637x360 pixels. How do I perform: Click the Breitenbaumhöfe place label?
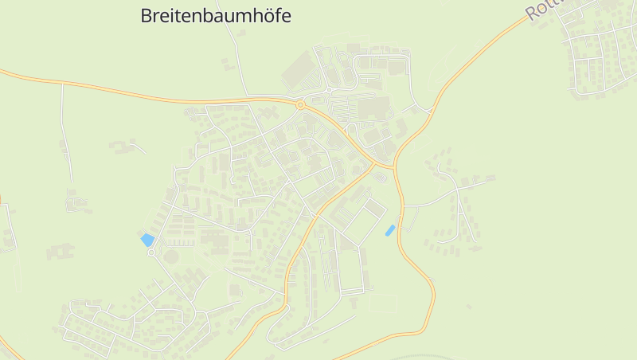[x=216, y=15]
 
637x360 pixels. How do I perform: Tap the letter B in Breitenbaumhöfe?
[x=146, y=15]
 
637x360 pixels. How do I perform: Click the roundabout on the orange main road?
[x=301, y=104]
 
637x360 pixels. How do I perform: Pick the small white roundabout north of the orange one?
[x=328, y=90]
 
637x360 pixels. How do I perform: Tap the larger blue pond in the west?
[x=147, y=239]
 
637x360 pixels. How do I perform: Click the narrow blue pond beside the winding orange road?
[x=390, y=230]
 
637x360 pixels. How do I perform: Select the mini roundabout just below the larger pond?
[x=151, y=252]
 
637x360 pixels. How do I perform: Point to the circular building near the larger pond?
[x=171, y=256]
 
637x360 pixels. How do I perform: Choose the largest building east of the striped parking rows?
[x=372, y=108]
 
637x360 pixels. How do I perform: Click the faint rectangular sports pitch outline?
[x=383, y=303]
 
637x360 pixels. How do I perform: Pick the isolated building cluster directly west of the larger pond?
[x=60, y=252]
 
